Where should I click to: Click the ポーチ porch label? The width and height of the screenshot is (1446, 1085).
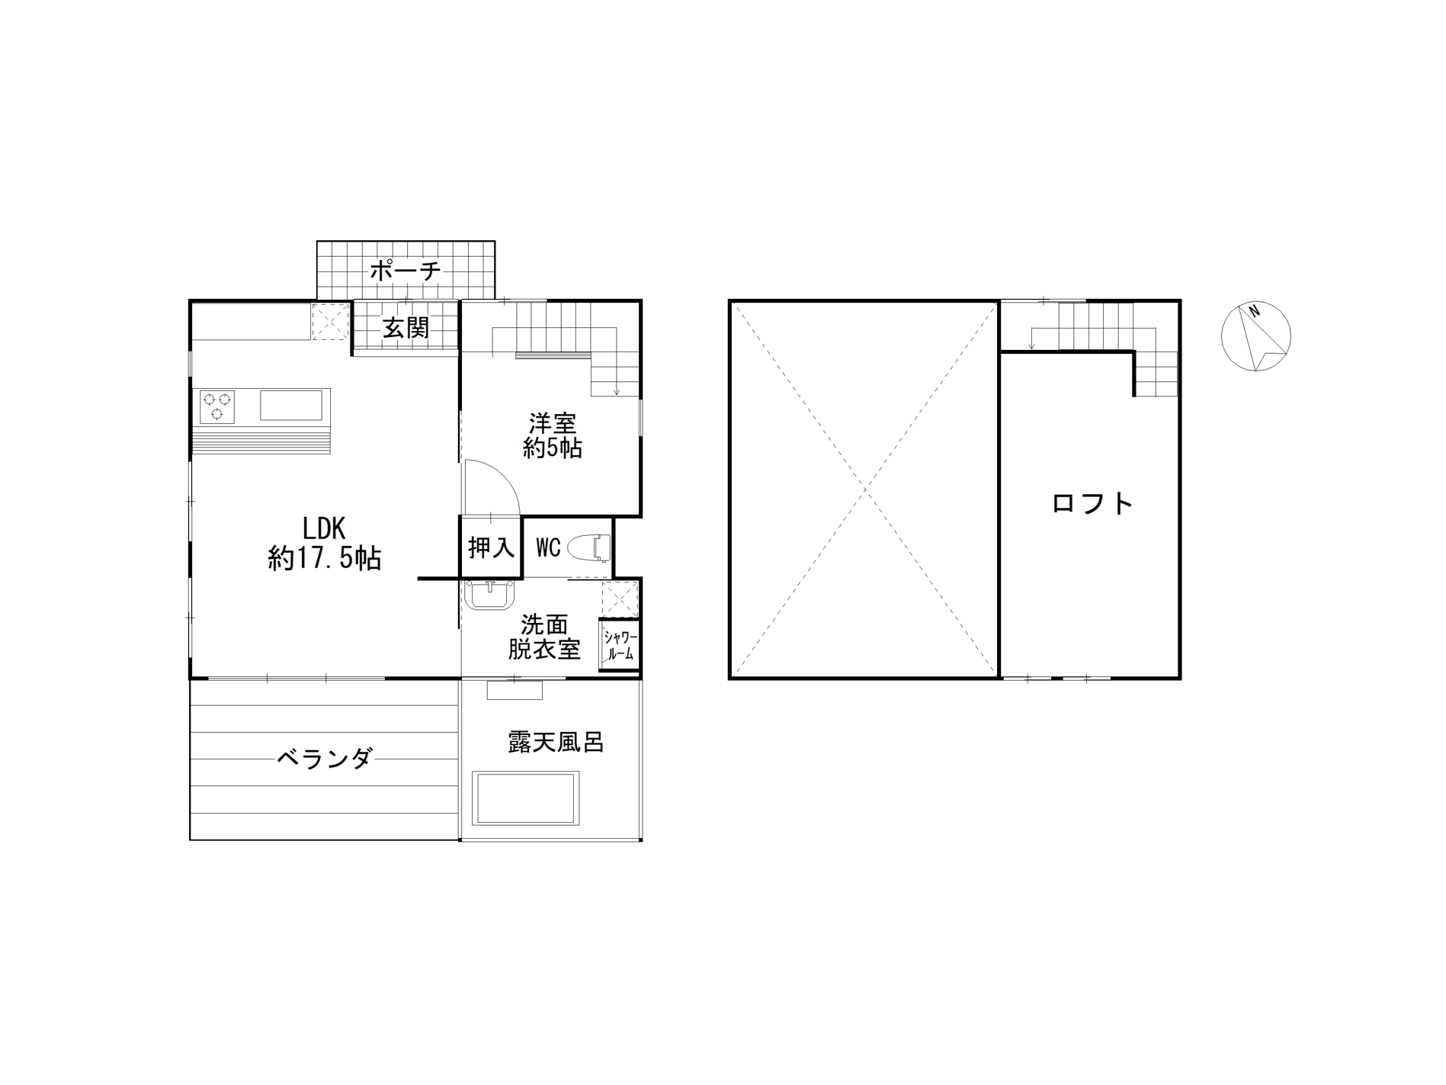(x=406, y=270)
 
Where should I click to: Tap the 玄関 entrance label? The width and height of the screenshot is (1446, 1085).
(x=406, y=328)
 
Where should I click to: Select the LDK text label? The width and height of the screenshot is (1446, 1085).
(x=325, y=528)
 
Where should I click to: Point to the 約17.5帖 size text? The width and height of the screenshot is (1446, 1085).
(x=325, y=559)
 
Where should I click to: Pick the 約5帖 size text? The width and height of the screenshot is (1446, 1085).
(x=553, y=448)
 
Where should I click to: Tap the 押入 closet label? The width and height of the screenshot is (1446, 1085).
(x=491, y=547)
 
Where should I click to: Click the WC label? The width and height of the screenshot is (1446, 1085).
(x=549, y=547)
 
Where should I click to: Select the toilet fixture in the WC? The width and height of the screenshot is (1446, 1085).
(x=592, y=547)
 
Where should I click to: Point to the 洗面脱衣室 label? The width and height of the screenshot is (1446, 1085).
(x=544, y=637)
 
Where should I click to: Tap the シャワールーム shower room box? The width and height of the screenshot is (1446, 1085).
(x=619, y=645)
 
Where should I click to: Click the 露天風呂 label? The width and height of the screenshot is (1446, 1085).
(x=556, y=742)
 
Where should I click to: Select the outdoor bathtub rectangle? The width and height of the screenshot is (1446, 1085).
(x=525, y=798)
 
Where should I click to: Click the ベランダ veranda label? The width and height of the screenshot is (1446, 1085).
(x=325, y=759)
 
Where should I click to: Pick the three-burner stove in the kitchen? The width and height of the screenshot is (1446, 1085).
(x=218, y=406)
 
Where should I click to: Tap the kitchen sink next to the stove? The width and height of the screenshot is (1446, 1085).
(x=291, y=405)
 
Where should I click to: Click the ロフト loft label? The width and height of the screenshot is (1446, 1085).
(x=1092, y=503)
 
